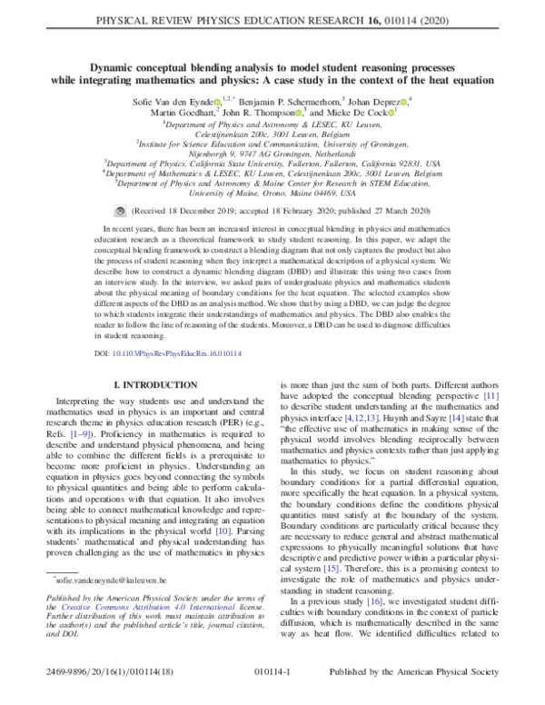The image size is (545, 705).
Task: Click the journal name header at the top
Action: [x=272, y=15]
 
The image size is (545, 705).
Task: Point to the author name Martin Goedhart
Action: [x=184, y=112]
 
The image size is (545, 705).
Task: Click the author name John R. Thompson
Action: [x=270, y=112]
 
